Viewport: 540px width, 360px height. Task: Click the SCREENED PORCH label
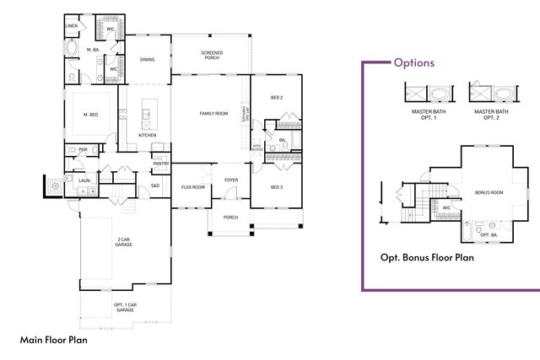[212, 56]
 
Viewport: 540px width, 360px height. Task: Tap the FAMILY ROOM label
[213, 113]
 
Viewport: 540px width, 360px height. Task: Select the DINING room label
[147, 60]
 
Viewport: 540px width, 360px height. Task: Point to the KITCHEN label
[148, 135]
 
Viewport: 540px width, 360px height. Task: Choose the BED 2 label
[276, 98]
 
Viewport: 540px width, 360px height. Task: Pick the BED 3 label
[276, 186]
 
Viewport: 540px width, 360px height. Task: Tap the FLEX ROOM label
[193, 187]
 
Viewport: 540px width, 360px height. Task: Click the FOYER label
[231, 180]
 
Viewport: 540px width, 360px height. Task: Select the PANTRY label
[161, 164]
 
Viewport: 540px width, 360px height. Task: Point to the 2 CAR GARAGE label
[124, 242]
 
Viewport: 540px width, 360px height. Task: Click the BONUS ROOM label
[489, 192]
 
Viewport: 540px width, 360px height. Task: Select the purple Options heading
[414, 62]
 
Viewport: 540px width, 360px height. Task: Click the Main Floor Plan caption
[53, 341]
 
